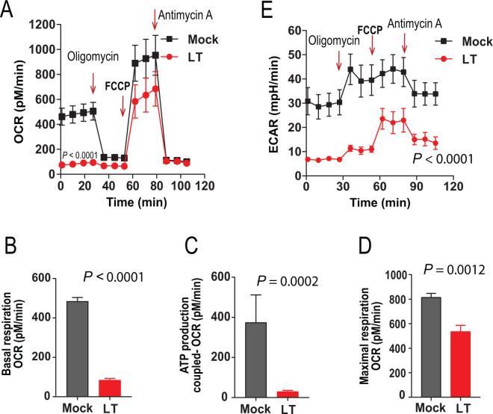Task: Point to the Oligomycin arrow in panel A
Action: (93, 82)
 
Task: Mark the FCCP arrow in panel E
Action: (372, 46)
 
